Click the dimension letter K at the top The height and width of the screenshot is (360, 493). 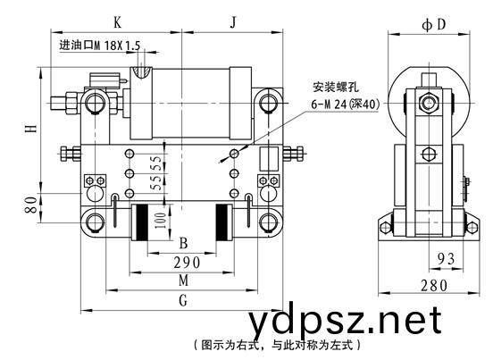117,22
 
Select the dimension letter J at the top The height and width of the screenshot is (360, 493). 233,22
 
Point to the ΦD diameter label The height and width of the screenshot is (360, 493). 434,24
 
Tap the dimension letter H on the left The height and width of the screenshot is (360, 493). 31,129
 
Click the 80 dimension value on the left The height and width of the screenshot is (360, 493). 31,205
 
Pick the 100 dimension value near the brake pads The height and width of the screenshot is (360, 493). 161,221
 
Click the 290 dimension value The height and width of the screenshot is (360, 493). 187,263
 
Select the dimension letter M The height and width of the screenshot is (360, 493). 184,280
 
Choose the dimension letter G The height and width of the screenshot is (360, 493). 183,300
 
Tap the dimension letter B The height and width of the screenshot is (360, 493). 183,243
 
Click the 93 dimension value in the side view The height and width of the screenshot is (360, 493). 447,259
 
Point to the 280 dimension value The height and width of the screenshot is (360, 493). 434,286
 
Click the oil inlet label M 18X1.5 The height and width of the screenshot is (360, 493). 100,46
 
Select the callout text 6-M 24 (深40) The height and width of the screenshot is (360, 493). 346,104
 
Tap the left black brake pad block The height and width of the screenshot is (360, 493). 142,222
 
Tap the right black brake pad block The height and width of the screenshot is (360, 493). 221,222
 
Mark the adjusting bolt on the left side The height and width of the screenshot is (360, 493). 70,154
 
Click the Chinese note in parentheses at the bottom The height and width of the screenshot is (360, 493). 277,345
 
